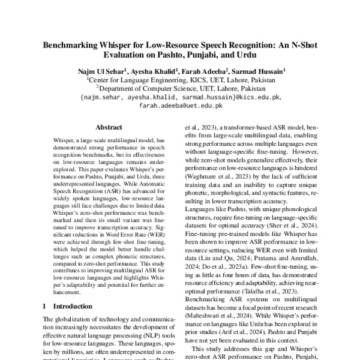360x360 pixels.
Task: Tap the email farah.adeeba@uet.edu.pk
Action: (x=181, y=105)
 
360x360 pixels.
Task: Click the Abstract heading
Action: (x=108, y=127)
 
